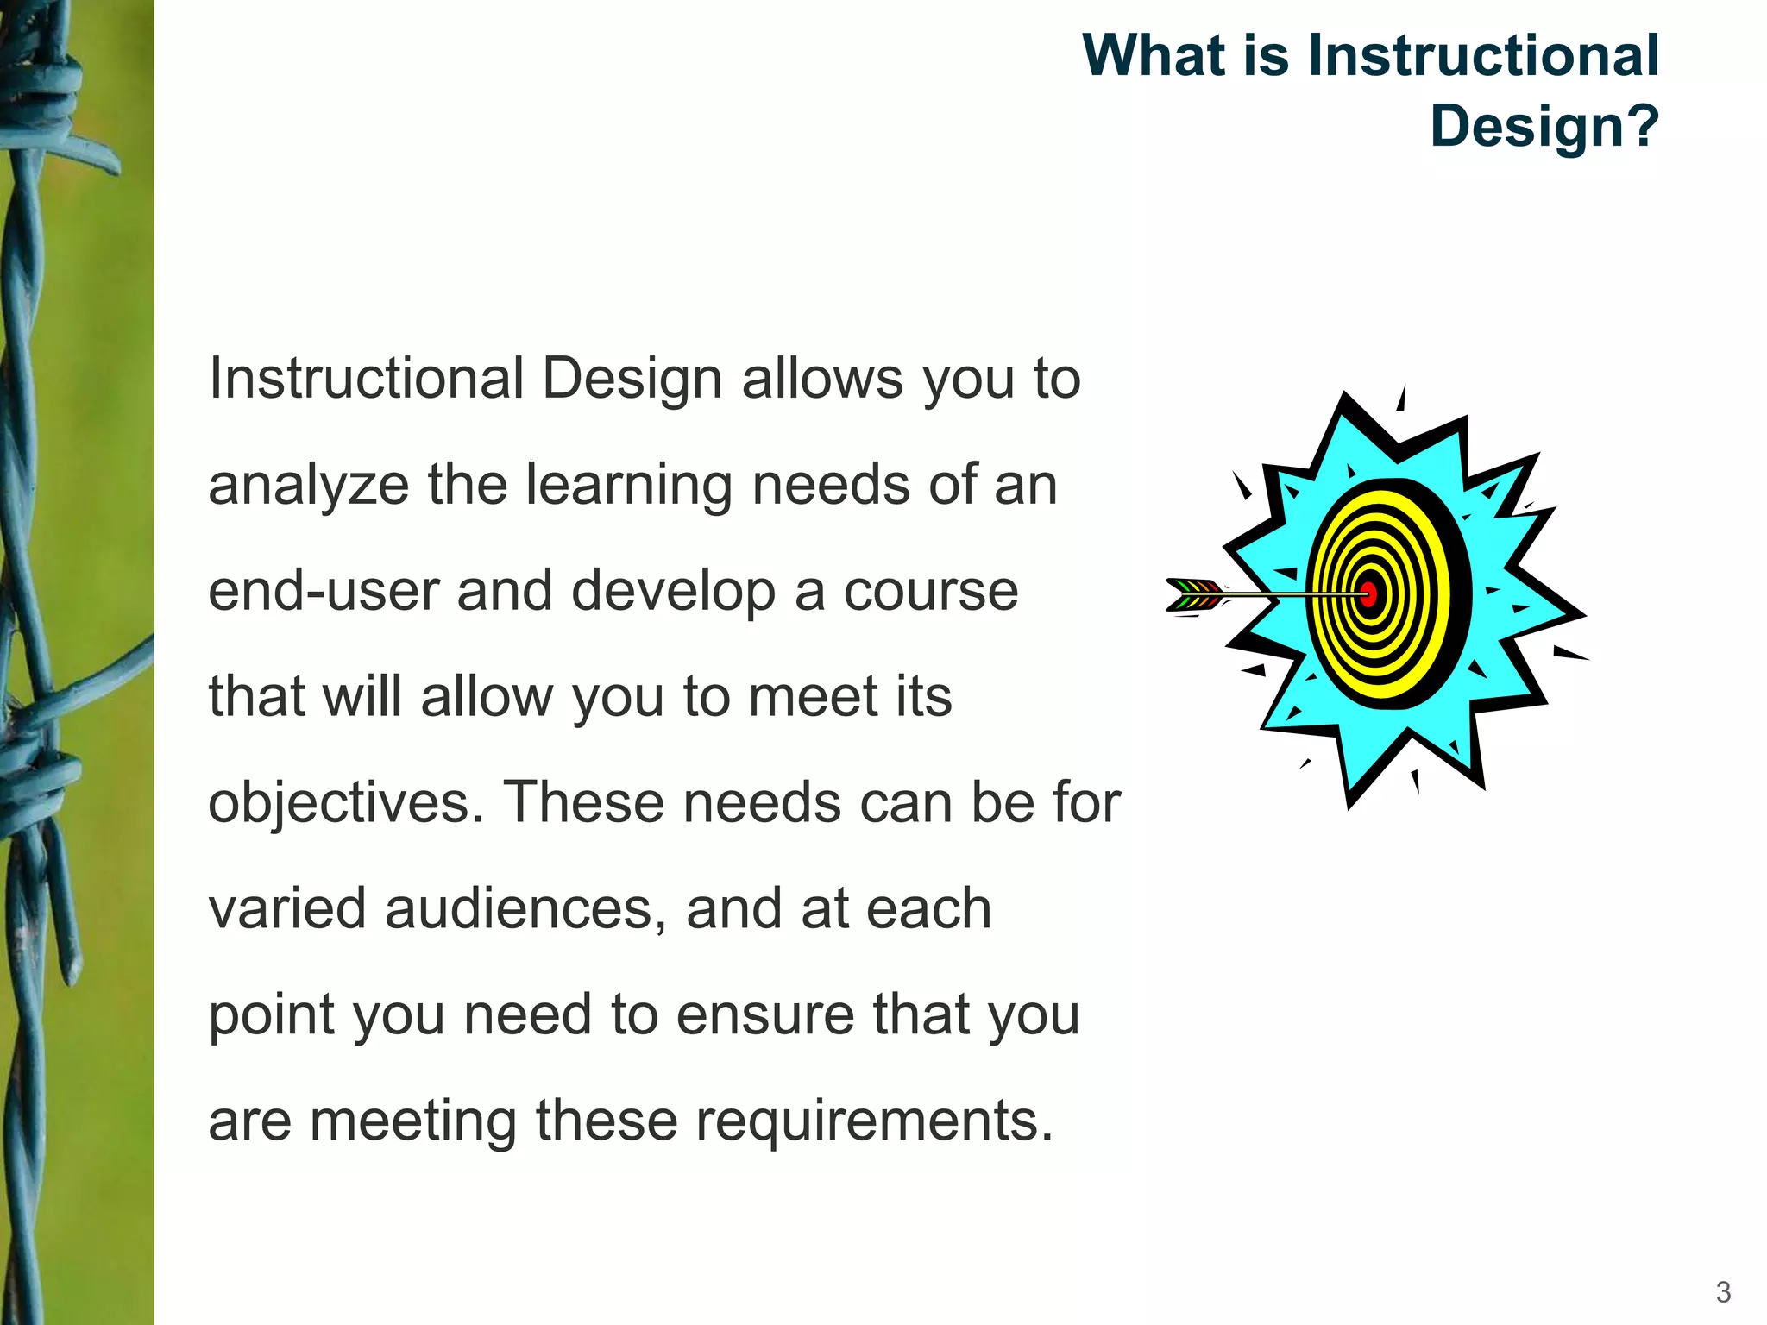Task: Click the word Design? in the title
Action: (x=1544, y=126)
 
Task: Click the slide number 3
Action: (x=1723, y=1291)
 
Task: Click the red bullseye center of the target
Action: (x=1368, y=593)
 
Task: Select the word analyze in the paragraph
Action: (x=308, y=485)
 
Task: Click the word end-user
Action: (x=324, y=592)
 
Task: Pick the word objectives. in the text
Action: (x=346, y=803)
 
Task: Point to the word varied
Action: (x=287, y=909)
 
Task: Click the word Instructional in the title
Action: (x=1483, y=56)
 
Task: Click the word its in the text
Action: (x=923, y=697)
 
